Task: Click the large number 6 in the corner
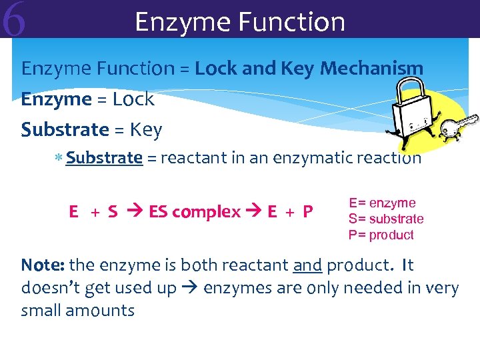[14, 21]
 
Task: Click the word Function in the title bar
[292, 22]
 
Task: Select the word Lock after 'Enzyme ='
[133, 99]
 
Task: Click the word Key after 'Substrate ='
[145, 129]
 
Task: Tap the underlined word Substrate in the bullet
[104, 158]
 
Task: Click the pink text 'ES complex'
[195, 212]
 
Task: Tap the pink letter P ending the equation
[307, 212]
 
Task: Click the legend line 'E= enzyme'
[382, 203]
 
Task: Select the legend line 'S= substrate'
[386, 219]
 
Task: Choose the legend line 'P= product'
[381, 235]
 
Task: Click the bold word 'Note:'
[43, 265]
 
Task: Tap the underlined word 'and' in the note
[307, 265]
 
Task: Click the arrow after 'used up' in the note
[190, 288]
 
